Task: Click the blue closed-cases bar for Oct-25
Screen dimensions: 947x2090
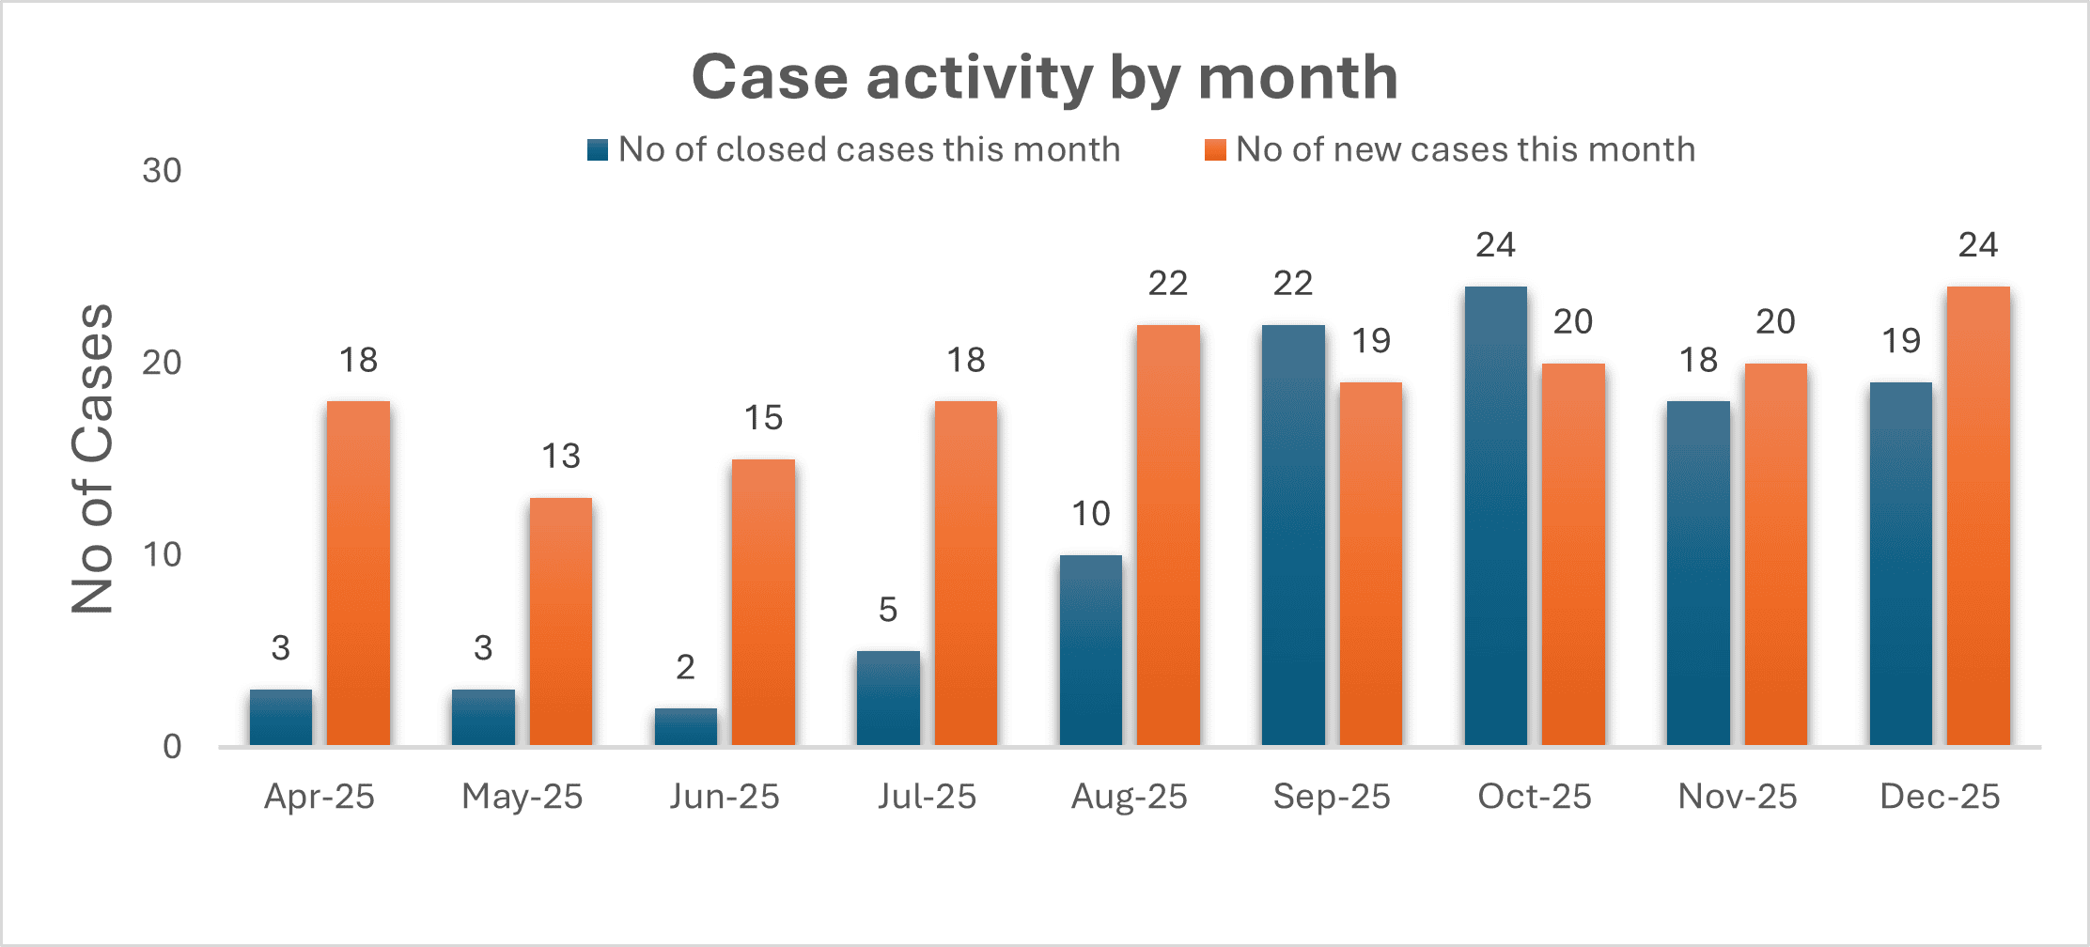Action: click(x=1495, y=517)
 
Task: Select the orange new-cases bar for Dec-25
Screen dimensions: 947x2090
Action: click(x=1978, y=517)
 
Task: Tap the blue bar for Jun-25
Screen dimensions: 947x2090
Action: click(x=685, y=727)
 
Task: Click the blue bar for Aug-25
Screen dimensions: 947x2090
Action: click(x=1090, y=650)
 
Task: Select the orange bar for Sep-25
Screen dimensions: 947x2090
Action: click(x=1370, y=564)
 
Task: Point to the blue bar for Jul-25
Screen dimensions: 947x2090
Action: click(x=888, y=698)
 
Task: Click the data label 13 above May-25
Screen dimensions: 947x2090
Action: click(x=560, y=457)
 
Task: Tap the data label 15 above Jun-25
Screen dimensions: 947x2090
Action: click(x=763, y=418)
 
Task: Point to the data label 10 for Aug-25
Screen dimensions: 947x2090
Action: click(x=1090, y=514)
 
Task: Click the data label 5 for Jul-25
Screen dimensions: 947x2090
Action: click(x=888, y=611)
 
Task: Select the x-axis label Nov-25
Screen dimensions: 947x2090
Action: click(x=1737, y=797)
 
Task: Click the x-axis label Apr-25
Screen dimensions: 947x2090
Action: click(x=320, y=797)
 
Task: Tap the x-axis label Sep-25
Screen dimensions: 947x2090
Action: click(x=1332, y=797)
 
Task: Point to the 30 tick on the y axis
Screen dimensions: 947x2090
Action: click(x=162, y=171)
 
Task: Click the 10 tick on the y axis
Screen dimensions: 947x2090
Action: click(x=162, y=555)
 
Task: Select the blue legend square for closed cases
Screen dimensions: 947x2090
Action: click(x=598, y=150)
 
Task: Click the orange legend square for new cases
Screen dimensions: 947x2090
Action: click(x=1215, y=150)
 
